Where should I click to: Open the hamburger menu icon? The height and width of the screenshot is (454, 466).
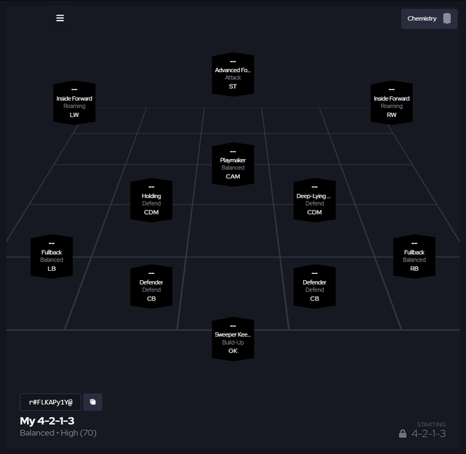coord(60,18)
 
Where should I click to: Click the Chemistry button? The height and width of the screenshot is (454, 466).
coord(429,19)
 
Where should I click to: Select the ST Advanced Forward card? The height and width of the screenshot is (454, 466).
coord(233,75)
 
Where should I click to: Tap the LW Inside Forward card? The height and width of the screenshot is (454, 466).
coord(75,102)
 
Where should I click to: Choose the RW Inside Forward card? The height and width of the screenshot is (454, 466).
coord(391,102)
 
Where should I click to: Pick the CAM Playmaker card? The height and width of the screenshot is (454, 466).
coord(233,164)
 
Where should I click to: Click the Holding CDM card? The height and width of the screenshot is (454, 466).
coord(151,200)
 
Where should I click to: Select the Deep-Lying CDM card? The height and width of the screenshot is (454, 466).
coord(314,200)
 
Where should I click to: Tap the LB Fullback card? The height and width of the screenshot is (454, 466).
coord(52,257)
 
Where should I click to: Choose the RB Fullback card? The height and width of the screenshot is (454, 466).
coord(414,257)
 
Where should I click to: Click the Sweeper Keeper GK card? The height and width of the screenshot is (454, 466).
coord(233,338)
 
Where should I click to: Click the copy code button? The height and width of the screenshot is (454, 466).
coord(93,402)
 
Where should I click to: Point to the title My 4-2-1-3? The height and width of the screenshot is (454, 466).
coord(47,421)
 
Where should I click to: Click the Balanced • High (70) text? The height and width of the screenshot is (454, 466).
coord(58,433)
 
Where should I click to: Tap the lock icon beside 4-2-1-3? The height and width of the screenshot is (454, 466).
coord(403,434)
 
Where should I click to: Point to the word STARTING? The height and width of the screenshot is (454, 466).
coord(431,425)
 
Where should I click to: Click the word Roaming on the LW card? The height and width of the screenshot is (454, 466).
coord(75,106)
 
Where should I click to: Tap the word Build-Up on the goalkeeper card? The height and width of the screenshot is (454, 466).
coord(233,342)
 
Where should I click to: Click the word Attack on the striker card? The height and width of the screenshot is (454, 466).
coord(233,78)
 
